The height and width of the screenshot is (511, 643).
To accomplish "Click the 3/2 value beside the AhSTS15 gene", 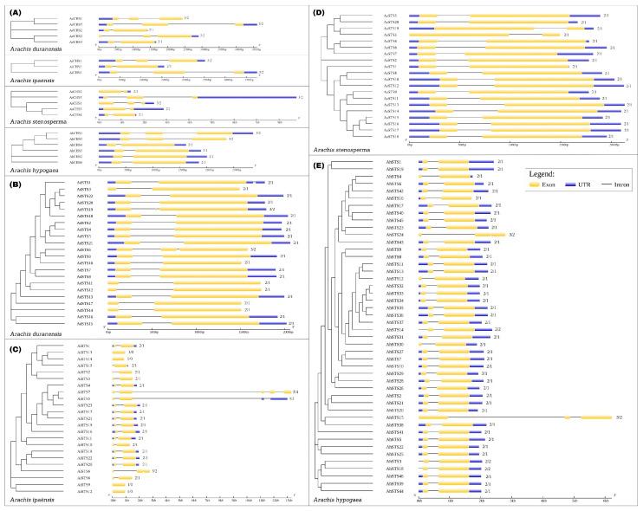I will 619,417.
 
